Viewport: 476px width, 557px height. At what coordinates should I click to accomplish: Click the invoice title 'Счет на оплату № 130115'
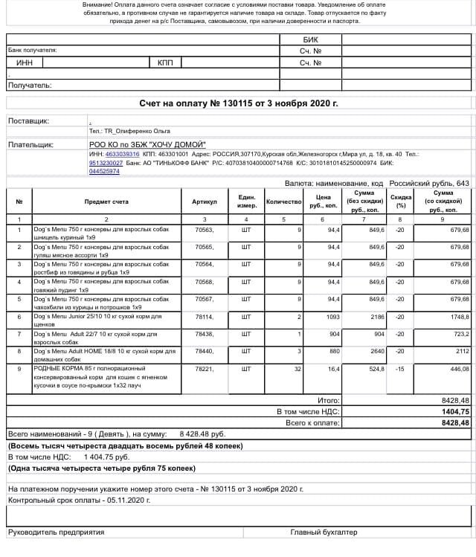239,103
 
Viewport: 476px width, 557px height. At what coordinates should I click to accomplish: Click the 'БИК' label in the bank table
310,39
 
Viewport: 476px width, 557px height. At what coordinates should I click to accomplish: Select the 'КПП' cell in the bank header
165,62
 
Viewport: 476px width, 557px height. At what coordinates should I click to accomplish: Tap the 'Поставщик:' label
28,120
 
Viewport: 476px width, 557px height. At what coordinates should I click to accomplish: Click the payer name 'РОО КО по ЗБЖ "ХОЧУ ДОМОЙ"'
147,144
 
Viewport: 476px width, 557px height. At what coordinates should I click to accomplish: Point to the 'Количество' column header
283,202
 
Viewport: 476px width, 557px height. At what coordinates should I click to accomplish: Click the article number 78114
204,316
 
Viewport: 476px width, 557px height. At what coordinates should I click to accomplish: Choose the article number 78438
204,333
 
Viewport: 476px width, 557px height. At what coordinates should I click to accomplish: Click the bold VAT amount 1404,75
454,410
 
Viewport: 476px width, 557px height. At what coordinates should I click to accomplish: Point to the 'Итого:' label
329,400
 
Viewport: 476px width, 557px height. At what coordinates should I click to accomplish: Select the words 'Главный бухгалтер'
324,532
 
